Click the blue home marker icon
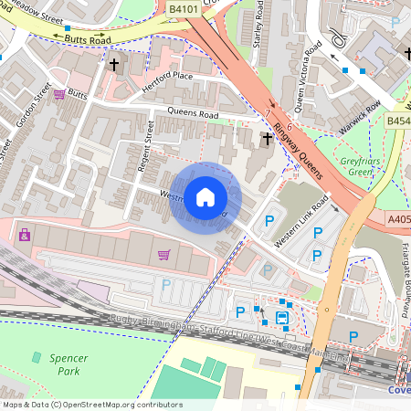coord(205,196)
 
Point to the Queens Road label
coord(193,114)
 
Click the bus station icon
coord(281,318)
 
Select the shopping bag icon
coord(23,235)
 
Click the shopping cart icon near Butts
coord(59,94)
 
